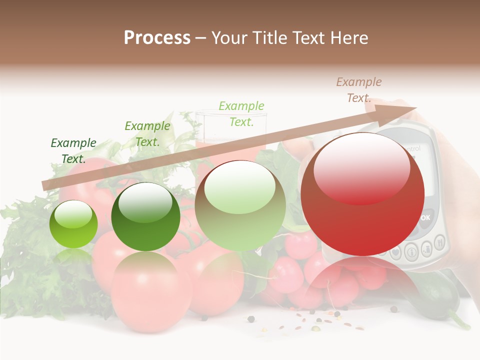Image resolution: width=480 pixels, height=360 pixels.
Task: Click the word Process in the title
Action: (157, 38)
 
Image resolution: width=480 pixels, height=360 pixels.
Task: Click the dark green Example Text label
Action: (73, 151)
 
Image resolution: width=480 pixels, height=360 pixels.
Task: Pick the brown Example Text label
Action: (358, 90)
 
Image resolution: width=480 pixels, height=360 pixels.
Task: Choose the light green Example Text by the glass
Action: (241, 114)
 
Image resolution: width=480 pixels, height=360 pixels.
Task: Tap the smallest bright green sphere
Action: (73, 224)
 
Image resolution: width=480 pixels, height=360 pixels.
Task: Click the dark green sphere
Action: (145, 216)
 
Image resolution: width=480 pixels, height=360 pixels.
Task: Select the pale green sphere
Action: (240, 205)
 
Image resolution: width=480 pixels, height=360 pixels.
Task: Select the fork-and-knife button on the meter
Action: (440, 243)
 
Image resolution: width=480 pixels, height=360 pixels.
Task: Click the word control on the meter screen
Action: (412, 148)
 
